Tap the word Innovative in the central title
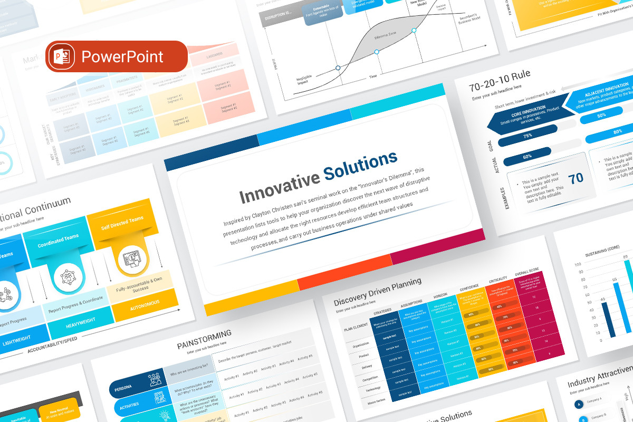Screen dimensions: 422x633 [279, 186]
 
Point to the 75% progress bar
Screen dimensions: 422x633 [527, 135]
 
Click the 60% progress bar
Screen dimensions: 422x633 [527, 157]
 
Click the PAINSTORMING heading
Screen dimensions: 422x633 [204, 338]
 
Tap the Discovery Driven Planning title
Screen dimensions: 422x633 [378, 292]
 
